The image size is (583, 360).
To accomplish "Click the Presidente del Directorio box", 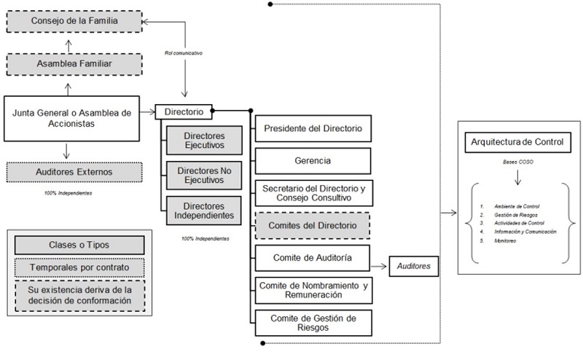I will (313, 128).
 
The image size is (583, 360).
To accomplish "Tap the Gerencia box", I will (313, 160).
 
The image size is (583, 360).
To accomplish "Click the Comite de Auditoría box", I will (313, 258).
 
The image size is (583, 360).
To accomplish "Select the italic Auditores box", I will (414, 266).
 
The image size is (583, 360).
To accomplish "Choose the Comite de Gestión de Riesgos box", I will (313, 322).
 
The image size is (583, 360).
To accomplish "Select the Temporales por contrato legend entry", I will (79, 268).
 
